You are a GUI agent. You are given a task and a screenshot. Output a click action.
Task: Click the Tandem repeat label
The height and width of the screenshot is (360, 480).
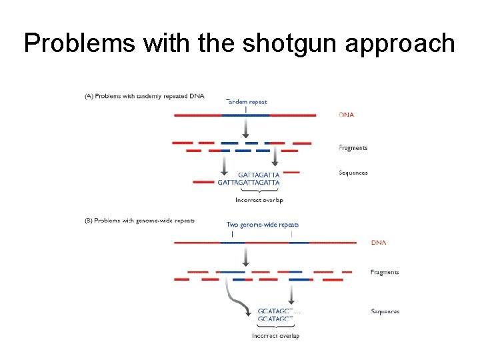pos(247,102)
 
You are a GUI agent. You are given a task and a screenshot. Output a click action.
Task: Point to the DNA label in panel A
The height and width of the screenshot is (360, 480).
pos(347,115)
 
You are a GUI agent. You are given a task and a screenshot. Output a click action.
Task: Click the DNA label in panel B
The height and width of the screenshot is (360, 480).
pos(378,243)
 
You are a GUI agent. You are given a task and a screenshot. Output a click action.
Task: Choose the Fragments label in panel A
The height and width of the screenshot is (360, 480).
pos(353,148)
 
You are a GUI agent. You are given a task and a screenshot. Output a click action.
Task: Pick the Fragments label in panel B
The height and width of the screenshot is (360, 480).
pos(385,272)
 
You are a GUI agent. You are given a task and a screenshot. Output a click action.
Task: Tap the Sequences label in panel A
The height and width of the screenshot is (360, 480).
pos(353,173)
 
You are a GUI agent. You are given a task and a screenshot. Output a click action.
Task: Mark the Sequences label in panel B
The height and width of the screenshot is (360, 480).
pos(385,311)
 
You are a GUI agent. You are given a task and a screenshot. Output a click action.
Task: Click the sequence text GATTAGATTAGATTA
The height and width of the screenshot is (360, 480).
pos(249,182)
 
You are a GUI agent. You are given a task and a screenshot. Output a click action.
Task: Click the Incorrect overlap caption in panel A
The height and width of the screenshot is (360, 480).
pos(259,200)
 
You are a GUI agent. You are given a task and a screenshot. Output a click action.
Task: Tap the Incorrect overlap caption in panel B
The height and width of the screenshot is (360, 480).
pos(275,336)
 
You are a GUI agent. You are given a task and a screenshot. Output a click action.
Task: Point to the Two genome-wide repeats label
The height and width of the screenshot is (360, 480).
pos(263,225)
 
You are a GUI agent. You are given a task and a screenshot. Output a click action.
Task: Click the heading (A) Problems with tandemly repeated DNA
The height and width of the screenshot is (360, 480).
pos(144,96)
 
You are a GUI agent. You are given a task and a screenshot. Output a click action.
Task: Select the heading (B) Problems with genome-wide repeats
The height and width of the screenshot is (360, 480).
pos(139,220)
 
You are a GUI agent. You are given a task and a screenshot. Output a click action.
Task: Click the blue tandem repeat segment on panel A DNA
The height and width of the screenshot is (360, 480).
pos(245,115)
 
